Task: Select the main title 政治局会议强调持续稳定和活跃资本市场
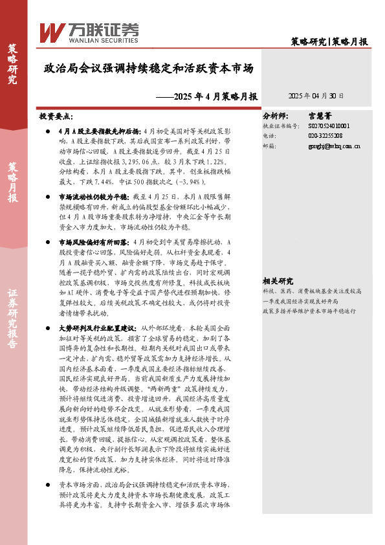coord(148,68)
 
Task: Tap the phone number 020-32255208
coord(326,136)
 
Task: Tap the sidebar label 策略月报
coord(12,183)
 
